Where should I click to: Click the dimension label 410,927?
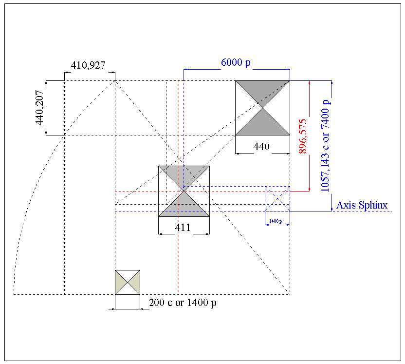[88, 65]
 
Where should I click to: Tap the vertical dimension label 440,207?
[40, 108]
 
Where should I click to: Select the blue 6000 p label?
[236, 63]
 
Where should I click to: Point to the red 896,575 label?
[303, 136]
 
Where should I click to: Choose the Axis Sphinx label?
[362, 205]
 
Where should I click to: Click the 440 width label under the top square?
[261, 146]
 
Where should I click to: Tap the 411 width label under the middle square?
[183, 227]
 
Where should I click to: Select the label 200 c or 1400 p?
[183, 303]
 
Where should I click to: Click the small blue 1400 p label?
[275, 221]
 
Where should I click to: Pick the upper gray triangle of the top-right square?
[262, 90]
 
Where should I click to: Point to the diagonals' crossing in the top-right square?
[262, 108]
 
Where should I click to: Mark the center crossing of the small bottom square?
[128, 282]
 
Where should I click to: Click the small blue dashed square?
[277, 199]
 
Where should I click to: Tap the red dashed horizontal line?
[146, 192]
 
